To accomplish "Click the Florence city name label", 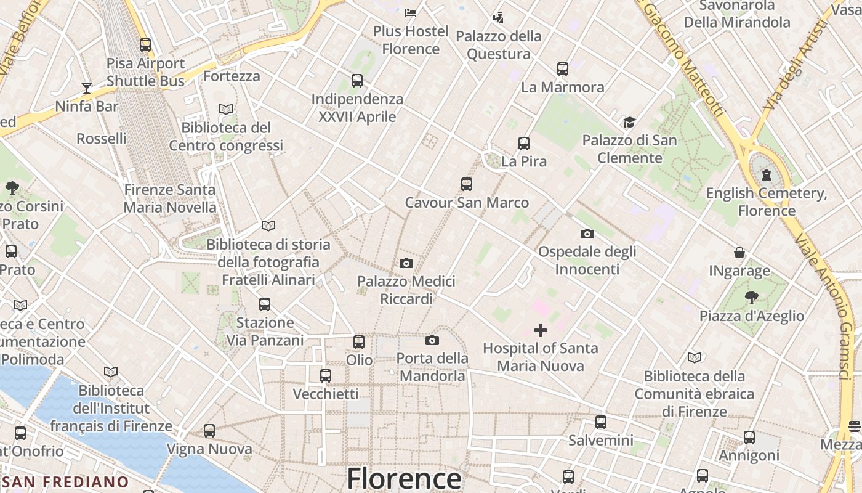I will [403, 478].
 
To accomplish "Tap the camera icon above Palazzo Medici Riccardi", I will [406, 264].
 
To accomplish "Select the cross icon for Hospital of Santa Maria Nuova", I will [540, 330].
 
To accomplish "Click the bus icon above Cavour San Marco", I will [467, 184].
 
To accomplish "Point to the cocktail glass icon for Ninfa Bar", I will [87, 88].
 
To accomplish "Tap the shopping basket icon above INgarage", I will [739, 253].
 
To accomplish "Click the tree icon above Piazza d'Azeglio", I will [751, 298].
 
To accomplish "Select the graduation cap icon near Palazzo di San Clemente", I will [629, 122].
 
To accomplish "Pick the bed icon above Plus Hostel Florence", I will [411, 12].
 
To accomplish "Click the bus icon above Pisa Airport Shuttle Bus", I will [145, 45].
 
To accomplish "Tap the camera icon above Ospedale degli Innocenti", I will [587, 234].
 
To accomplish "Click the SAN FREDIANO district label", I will [65, 482].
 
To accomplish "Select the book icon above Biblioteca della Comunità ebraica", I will [695, 357].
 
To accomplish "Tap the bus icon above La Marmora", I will [563, 69].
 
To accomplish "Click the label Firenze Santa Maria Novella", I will [170, 198].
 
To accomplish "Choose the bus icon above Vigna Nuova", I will [209, 431].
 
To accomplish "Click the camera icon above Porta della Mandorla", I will [432, 340].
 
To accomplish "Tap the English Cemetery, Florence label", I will [767, 202].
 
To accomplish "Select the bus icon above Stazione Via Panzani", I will [265, 304].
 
